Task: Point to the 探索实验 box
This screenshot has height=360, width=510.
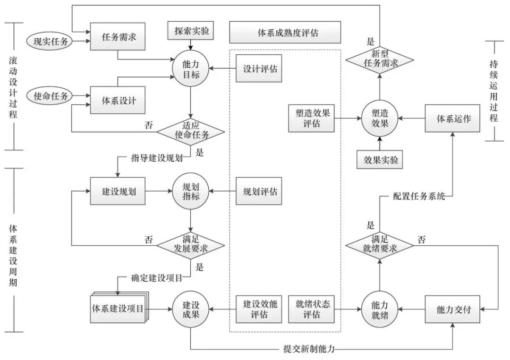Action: coord(191,32)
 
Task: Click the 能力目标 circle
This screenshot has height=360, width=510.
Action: coord(191,68)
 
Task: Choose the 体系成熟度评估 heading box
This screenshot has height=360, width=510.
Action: coord(285,33)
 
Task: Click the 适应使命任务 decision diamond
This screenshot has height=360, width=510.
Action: coord(190,130)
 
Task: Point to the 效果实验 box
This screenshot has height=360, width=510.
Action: coord(379,159)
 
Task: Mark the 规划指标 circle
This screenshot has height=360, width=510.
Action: coord(190,192)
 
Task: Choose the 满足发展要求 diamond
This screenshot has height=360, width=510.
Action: coord(190,245)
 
